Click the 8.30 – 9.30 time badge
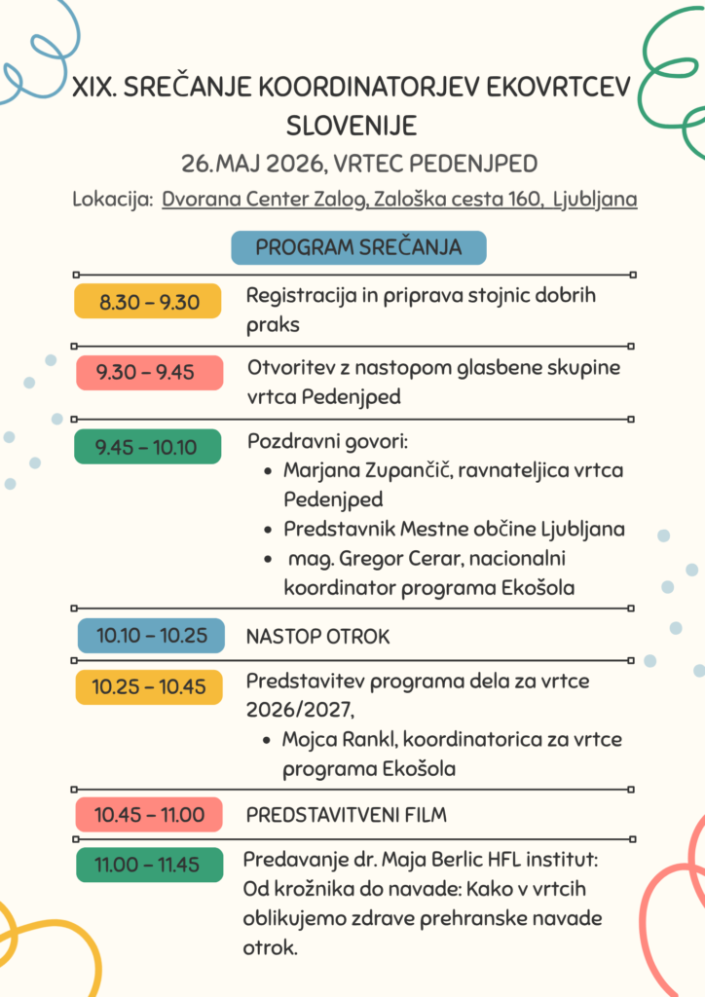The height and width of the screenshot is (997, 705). tap(149, 302)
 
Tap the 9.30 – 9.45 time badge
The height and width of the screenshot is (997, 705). tap(149, 372)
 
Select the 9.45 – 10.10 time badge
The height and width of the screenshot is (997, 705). tap(149, 447)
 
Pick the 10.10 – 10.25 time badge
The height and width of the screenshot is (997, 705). tap(151, 636)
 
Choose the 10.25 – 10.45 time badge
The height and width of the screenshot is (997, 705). tap(149, 686)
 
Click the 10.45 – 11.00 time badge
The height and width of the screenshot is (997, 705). tap(149, 815)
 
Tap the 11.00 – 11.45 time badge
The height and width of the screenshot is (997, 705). tap(149, 865)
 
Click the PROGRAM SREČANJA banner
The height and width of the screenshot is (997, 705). tap(358, 247)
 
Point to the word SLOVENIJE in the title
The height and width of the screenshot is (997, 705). tap(352, 126)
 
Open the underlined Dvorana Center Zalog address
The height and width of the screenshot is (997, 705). tap(399, 200)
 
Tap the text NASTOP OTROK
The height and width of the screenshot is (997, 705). tap(317, 637)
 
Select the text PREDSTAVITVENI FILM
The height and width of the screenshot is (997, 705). tap(346, 815)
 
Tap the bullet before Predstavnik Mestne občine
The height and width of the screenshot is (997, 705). tap(268, 531)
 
